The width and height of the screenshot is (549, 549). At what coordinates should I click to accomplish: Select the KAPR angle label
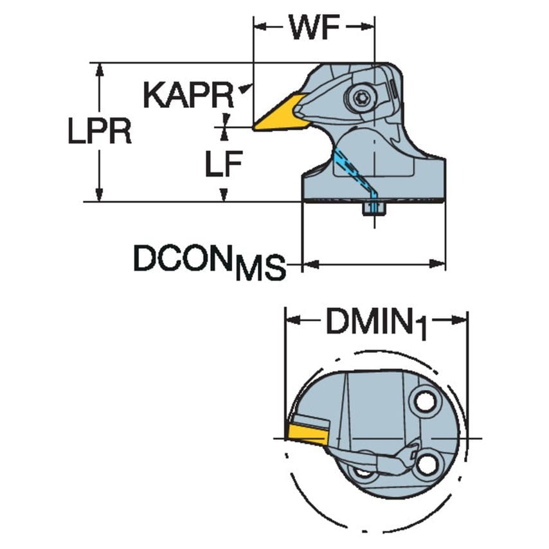pos(188,95)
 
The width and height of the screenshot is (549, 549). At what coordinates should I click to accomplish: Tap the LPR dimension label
pos(100,131)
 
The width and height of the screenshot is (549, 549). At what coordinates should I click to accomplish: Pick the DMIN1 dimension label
pos(376,321)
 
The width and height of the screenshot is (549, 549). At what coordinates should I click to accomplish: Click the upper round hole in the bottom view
pos(424,402)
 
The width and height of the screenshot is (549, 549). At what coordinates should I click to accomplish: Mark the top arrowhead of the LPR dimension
pos(99,69)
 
